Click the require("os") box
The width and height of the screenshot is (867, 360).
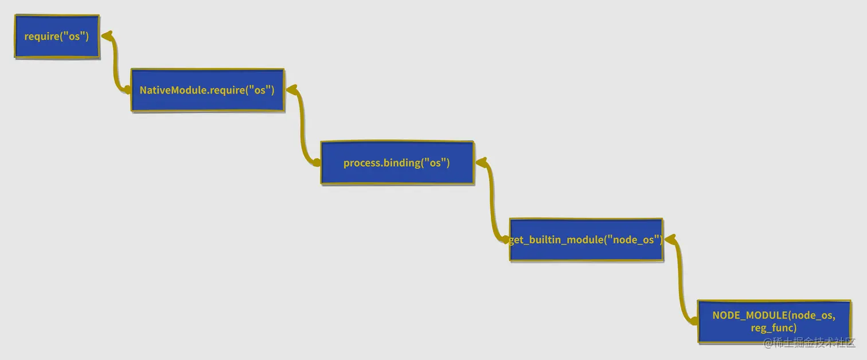[x=57, y=37]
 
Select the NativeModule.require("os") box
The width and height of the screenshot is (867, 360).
[x=207, y=91]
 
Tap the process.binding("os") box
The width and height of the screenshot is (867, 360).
[x=397, y=163]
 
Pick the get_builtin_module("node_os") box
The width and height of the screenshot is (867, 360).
[x=586, y=240]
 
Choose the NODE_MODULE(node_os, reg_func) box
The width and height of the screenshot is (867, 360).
[x=774, y=322]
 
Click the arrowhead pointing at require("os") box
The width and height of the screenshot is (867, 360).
[x=106, y=36]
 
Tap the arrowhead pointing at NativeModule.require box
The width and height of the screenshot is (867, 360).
[x=291, y=89]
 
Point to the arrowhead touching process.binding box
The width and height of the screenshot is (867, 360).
[x=481, y=162]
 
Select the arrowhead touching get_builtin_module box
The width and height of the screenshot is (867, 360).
[x=669, y=238]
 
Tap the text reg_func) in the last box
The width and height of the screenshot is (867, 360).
[x=774, y=328]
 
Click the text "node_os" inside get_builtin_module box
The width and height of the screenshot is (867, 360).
[x=633, y=240]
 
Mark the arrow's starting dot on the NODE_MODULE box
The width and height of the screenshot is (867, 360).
[x=694, y=321]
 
